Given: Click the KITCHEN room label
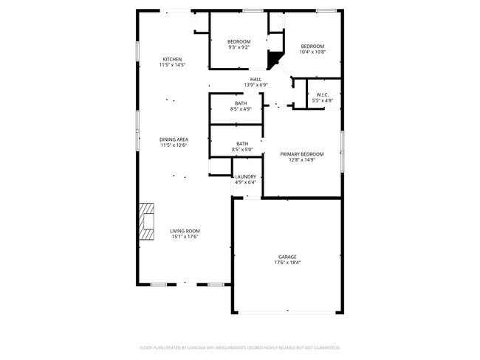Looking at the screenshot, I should click(x=172, y=59).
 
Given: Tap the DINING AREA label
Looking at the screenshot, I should click(x=174, y=139).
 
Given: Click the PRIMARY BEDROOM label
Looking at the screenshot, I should click(x=303, y=154).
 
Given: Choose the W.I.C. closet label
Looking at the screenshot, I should click(x=323, y=94).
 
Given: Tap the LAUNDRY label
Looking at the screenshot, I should click(x=245, y=176).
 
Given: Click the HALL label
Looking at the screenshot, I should click(x=256, y=80).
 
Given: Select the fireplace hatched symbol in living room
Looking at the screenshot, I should click(x=146, y=221).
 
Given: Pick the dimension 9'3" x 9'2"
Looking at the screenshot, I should click(x=239, y=47).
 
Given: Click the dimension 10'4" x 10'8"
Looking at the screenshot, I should click(x=312, y=52).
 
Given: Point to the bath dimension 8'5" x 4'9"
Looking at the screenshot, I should click(x=241, y=109).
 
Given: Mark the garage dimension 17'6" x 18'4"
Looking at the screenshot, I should click(x=287, y=263).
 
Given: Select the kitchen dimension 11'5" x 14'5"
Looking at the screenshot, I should click(x=172, y=65).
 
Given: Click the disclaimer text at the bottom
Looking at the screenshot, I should click(x=240, y=347).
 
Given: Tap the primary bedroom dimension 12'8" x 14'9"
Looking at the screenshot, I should click(x=303, y=160).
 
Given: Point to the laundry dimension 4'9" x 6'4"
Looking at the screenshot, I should click(x=245, y=182).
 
